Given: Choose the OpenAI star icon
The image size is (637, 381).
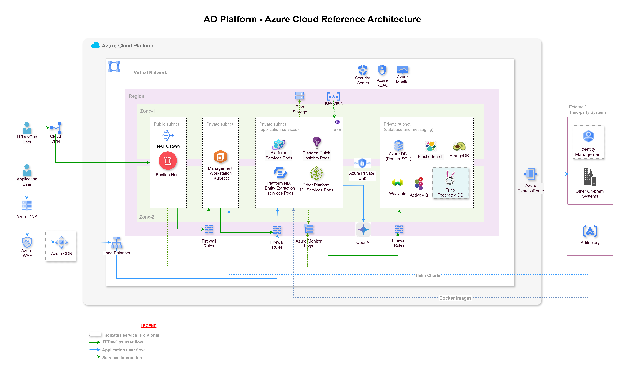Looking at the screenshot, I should (363, 230).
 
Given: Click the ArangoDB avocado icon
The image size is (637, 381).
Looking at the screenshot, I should (459, 146).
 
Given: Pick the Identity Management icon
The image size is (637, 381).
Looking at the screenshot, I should (588, 136).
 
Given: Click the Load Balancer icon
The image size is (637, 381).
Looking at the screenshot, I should (117, 243).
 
